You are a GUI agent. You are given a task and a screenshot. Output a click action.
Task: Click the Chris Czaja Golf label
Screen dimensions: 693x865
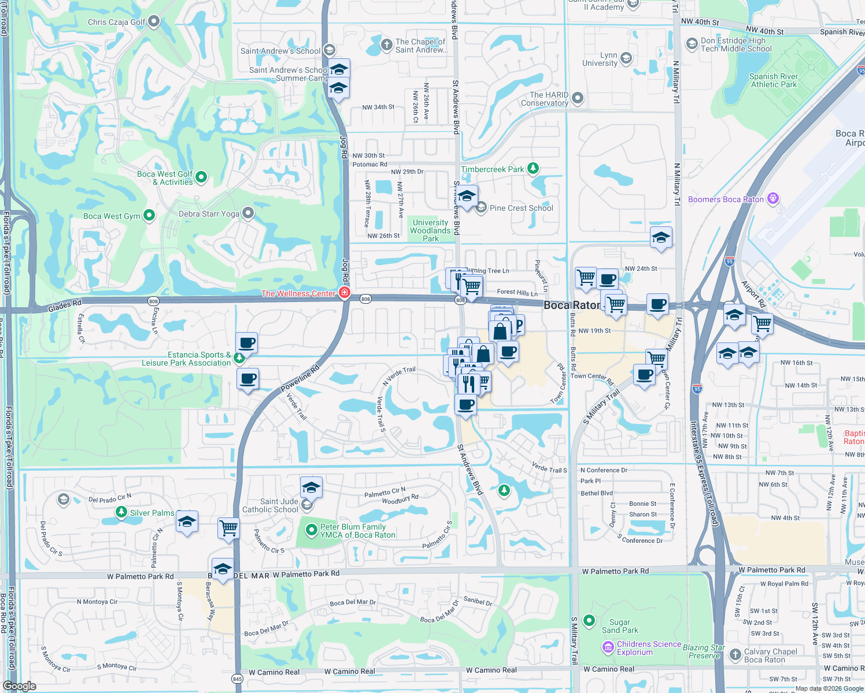pyautogui.click(x=117, y=22)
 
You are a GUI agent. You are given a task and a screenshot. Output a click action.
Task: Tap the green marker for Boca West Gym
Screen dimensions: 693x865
pyautogui.click(x=149, y=215)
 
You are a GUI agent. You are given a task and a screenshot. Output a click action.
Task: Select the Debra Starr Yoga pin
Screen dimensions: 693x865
pyautogui.click(x=248, y=213)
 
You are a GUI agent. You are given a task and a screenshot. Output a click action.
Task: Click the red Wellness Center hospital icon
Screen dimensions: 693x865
pyautogui.click(x=345, y=293)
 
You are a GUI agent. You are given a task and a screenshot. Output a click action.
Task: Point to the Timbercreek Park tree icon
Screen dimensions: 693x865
pyautogui.click(x=533, y=169)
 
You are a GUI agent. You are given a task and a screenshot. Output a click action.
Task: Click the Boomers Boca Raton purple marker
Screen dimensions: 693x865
pyautogui.click(x=773, y=199)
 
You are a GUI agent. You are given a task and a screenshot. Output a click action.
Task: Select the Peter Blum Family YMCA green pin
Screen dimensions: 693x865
pyautogui.click(x=311, y=530)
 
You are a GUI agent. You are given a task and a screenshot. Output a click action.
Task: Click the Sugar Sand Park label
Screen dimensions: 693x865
pyautogui.click(x=620, y=626)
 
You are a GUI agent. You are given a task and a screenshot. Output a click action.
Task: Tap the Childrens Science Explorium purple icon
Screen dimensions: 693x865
pyautogui.click(x=608, y=648)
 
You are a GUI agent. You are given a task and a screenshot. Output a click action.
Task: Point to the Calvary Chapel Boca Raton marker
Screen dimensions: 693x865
pyautogui.click(x=735, y=655)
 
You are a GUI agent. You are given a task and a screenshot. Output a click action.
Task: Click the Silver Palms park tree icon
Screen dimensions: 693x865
pyautogui.click(x=121, y=512)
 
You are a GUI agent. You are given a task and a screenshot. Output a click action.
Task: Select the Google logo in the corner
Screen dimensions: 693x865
pyautogui.click(x=20, y=686)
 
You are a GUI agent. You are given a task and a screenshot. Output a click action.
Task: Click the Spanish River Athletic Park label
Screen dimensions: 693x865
pyautogui.click(x=773, y=80)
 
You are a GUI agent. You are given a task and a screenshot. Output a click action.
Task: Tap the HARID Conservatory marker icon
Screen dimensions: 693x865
pyautogui.click(x=577, y=99)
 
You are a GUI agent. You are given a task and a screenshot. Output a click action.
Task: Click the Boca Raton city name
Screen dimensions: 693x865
pyautogui.click(x=571, y=305)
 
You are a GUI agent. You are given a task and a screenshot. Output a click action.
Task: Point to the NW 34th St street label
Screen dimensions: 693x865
pyautogui.click(x=378, y=107)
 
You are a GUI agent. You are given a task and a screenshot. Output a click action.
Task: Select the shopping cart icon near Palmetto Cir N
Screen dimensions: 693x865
pyautogui.click(x=228, y=527)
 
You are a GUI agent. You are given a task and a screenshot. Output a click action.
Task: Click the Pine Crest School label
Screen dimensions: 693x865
pyautogui.click(x=521, y=208)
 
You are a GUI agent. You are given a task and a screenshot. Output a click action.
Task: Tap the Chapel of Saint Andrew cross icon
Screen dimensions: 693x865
pyautogui.click(x=387, y=44)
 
